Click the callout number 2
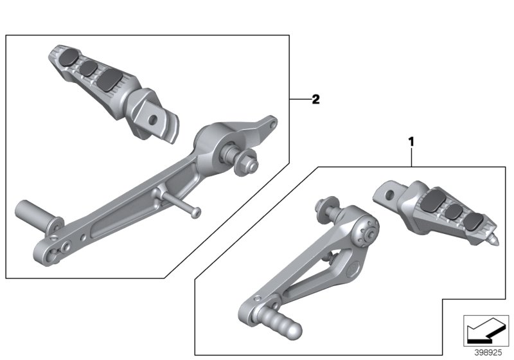pos(315,100)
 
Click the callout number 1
pos(411,139)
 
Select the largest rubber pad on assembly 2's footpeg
pos(110,79)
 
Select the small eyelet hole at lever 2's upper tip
pos(272,121)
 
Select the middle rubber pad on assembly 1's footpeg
pos(454,212)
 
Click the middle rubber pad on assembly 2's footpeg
pos(88,66)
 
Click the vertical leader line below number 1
pos(411,156)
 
